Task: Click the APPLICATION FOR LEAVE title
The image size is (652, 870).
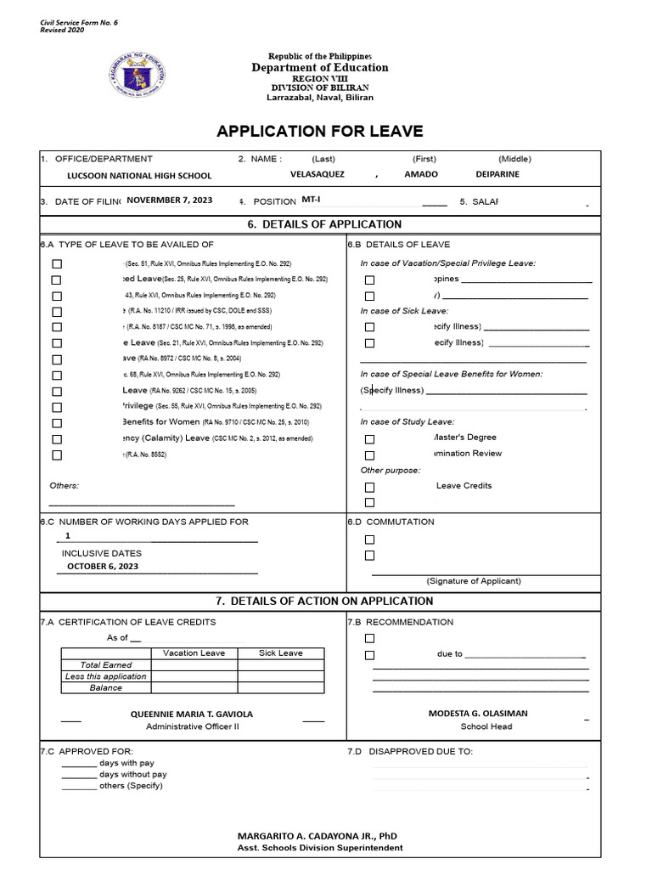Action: pyautogui.click(x=320, y=131)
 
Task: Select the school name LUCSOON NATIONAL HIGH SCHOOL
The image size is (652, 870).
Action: pyautogui.click(x=139, y=176)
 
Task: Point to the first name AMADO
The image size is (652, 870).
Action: pyautogui.click(x=422, y=174)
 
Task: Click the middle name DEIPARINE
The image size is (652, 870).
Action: pyautogui.click(x=497, y=174)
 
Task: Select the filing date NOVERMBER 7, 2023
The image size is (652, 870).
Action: pyautogui.click(x=170, y=200)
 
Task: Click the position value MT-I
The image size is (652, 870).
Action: pyautogui.click(x=312, y=200)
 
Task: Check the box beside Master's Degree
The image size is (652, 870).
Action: pyautogui.click(x=369, y=439)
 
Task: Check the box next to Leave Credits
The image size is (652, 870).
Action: pyautogui.click(x=369, y=488)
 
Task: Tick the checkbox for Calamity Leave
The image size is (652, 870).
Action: pyautogui.click(x=57, y=439)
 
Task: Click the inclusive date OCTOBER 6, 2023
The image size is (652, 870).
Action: pyautogui.click(x=103, y=566)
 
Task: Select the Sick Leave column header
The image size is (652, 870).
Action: pyautogui.click(x=280, y=653)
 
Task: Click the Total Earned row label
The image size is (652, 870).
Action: pyautogui.click(x=106, y=665)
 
